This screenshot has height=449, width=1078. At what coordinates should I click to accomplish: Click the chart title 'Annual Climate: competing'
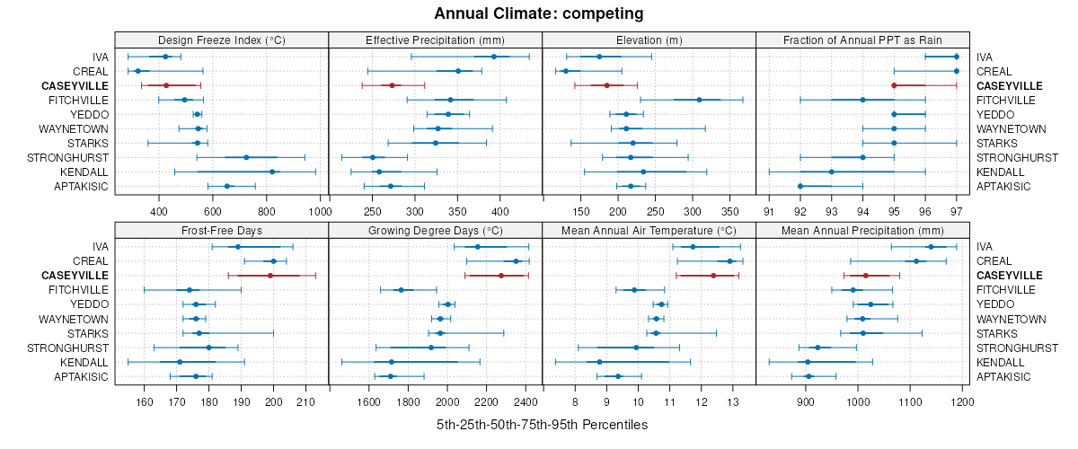[538, 13]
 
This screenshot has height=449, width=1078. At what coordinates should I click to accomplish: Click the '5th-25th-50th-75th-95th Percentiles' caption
[542, 424]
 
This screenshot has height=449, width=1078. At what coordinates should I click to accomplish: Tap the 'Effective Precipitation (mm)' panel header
[435, 40]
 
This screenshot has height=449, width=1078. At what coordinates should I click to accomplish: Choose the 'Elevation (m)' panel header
[649, 40]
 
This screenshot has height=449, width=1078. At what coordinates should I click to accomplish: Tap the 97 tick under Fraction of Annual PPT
[956, 211]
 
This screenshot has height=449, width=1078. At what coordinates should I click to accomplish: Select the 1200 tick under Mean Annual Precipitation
[962, 401]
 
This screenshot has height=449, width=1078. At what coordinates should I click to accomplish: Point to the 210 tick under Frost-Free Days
[305, 401]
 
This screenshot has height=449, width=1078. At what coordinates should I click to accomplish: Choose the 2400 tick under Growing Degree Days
[526, 401]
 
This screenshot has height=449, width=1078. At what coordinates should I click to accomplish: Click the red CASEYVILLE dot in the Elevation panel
[606, 85]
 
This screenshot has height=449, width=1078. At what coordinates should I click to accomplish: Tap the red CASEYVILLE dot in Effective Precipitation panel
[392, 85]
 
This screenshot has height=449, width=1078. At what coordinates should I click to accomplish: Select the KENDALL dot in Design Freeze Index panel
[272, 172]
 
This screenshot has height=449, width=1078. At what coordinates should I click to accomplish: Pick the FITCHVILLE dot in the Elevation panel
[699, 100]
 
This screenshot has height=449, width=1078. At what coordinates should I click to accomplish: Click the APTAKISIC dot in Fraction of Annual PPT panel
[800, 186]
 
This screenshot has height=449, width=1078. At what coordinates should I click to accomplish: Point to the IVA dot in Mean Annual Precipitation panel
[930, 246]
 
